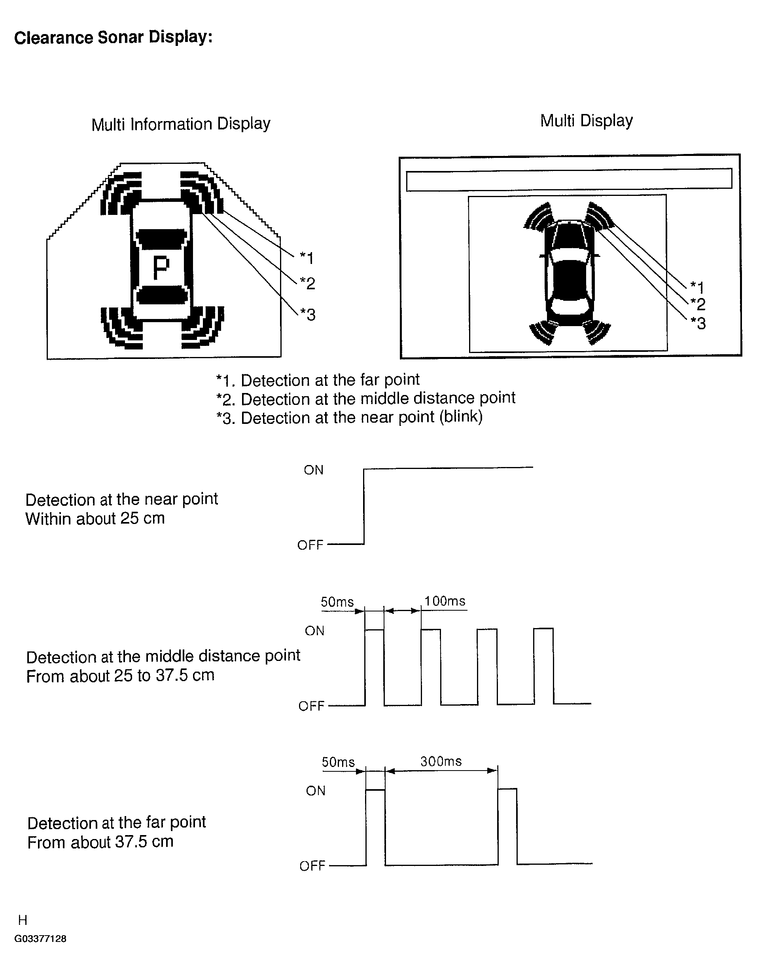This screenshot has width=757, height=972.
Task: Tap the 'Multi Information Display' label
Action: click(181, 124)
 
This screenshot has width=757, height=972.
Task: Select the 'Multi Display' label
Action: click(586, 121)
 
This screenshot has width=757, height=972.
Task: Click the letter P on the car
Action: click(161, 268)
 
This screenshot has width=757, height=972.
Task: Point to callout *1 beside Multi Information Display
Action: click(307, 258)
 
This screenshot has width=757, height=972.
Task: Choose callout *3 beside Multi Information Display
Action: click(308, 315)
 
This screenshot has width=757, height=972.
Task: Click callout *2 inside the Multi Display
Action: click(698, 304)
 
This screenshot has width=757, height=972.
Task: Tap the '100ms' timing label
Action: click(445, 601)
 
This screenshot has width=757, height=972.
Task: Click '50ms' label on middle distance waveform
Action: click(337, 602)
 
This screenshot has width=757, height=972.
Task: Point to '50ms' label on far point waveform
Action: click(338, 762)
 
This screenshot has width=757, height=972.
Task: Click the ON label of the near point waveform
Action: click(314, 470)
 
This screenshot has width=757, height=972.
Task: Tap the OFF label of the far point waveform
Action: click(312, 866)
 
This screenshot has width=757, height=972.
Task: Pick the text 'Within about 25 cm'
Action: click(95, 518)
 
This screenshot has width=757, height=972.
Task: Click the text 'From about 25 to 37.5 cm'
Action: click(120, 676)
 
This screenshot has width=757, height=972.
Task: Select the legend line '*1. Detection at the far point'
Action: click(318, 380)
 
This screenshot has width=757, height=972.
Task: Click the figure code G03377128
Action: click(40, 939)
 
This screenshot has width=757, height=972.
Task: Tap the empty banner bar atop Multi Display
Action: click(569, 180)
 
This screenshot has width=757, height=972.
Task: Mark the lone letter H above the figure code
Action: click(23, 919)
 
